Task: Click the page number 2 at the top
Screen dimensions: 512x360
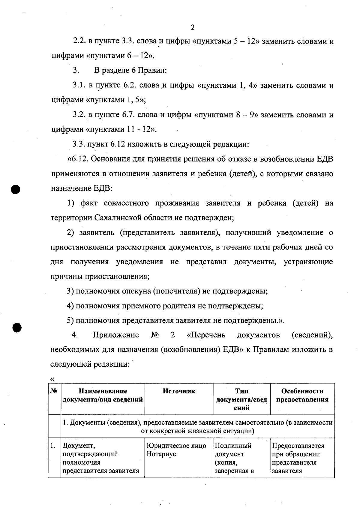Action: click(x=193, y=28)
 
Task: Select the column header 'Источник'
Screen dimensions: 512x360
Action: click(x=179, y=391)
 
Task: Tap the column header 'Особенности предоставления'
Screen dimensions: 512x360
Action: click(x=302, y=395)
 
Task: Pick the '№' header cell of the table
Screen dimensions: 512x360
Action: click(x=54, y=391)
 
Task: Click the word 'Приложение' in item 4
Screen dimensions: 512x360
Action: click(x=116, y=335)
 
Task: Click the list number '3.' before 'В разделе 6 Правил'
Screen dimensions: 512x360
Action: click(x=76, y=71)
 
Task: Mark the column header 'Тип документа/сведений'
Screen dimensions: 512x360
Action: click(x=241, y=399)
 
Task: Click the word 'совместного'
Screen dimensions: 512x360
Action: click(x=126, y=203)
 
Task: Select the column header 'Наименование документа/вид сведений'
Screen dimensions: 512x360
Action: click(x=103, y=395)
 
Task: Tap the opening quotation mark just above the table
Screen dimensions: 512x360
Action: click(x=51, y=379)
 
